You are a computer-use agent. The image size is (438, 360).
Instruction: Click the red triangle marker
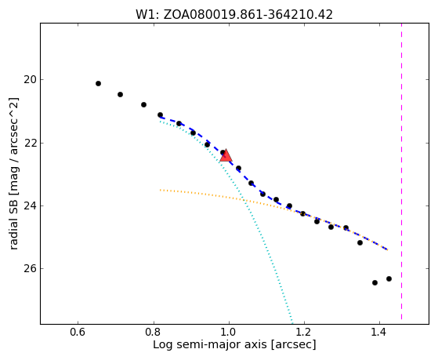(x=226, y=156)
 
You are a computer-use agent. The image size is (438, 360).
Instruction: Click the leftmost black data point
(x=98, y=83)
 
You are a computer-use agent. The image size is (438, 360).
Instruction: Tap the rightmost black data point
(x=389, y=278)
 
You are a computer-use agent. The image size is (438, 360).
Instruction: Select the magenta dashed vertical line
(x=401, y=172)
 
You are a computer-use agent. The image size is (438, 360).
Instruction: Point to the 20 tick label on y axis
(x=30, y=80)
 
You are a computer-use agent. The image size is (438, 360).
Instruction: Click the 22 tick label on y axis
(x=30, y=143)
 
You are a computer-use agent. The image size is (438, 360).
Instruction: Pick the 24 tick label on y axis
(x=30, y=205)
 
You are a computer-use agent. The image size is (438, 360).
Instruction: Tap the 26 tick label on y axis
(x=30, y=269)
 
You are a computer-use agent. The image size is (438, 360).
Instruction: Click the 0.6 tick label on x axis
(x=78, y=332)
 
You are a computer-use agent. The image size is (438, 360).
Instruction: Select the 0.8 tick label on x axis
(x=154, y=332)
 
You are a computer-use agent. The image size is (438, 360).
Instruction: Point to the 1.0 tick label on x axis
(x=229, y=332)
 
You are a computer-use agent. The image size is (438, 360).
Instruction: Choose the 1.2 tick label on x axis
(x=304, y=332)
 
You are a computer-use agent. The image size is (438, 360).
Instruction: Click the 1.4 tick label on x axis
(x=379, y=332)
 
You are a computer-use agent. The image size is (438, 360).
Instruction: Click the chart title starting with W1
(x=234, y=15)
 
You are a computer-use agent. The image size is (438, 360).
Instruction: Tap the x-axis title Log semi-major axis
(x=234, y=345)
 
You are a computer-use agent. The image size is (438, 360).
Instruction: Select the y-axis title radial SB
(x=14, y=173)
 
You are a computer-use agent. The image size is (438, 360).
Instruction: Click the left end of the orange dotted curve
(x=160, y=190)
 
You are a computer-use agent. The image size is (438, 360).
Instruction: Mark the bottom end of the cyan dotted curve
(x=292, y=320)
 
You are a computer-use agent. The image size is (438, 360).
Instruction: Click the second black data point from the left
(x=120, y=95)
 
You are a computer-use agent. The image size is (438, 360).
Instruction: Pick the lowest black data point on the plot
(x=375, y=283)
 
